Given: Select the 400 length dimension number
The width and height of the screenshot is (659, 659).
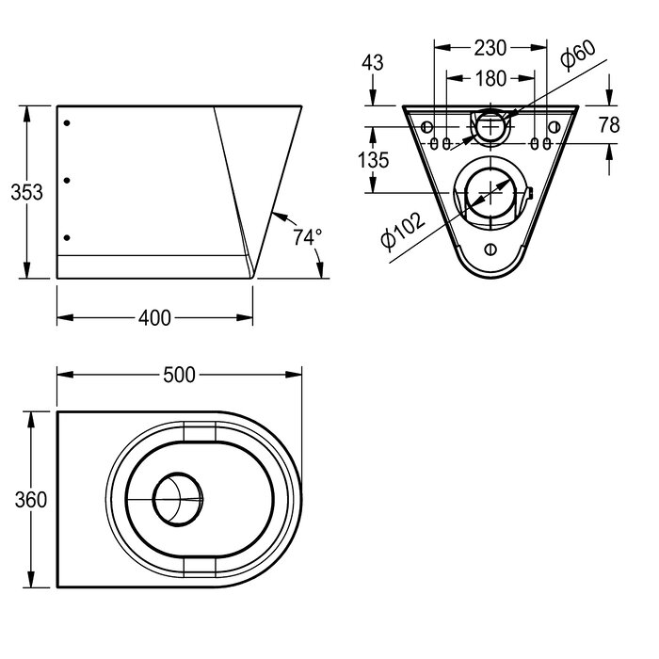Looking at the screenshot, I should [x=154, y=318].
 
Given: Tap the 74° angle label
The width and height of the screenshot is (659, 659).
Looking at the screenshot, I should [x=307, y=237].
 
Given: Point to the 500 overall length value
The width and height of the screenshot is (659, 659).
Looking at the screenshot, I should [x=179, y=375].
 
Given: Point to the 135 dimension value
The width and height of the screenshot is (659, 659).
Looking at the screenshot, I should [x=374, y=160].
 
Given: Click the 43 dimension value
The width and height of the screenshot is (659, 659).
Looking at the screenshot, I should [x=374, y=63].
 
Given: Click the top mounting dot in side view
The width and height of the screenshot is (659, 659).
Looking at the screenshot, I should [x=66, y=123].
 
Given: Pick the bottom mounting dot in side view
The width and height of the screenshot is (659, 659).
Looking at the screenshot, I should [x=66, y=237].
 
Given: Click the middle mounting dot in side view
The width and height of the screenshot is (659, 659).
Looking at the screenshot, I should [x=66, y=180].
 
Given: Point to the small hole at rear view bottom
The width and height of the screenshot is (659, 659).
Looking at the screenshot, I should [x=490, y=249].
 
